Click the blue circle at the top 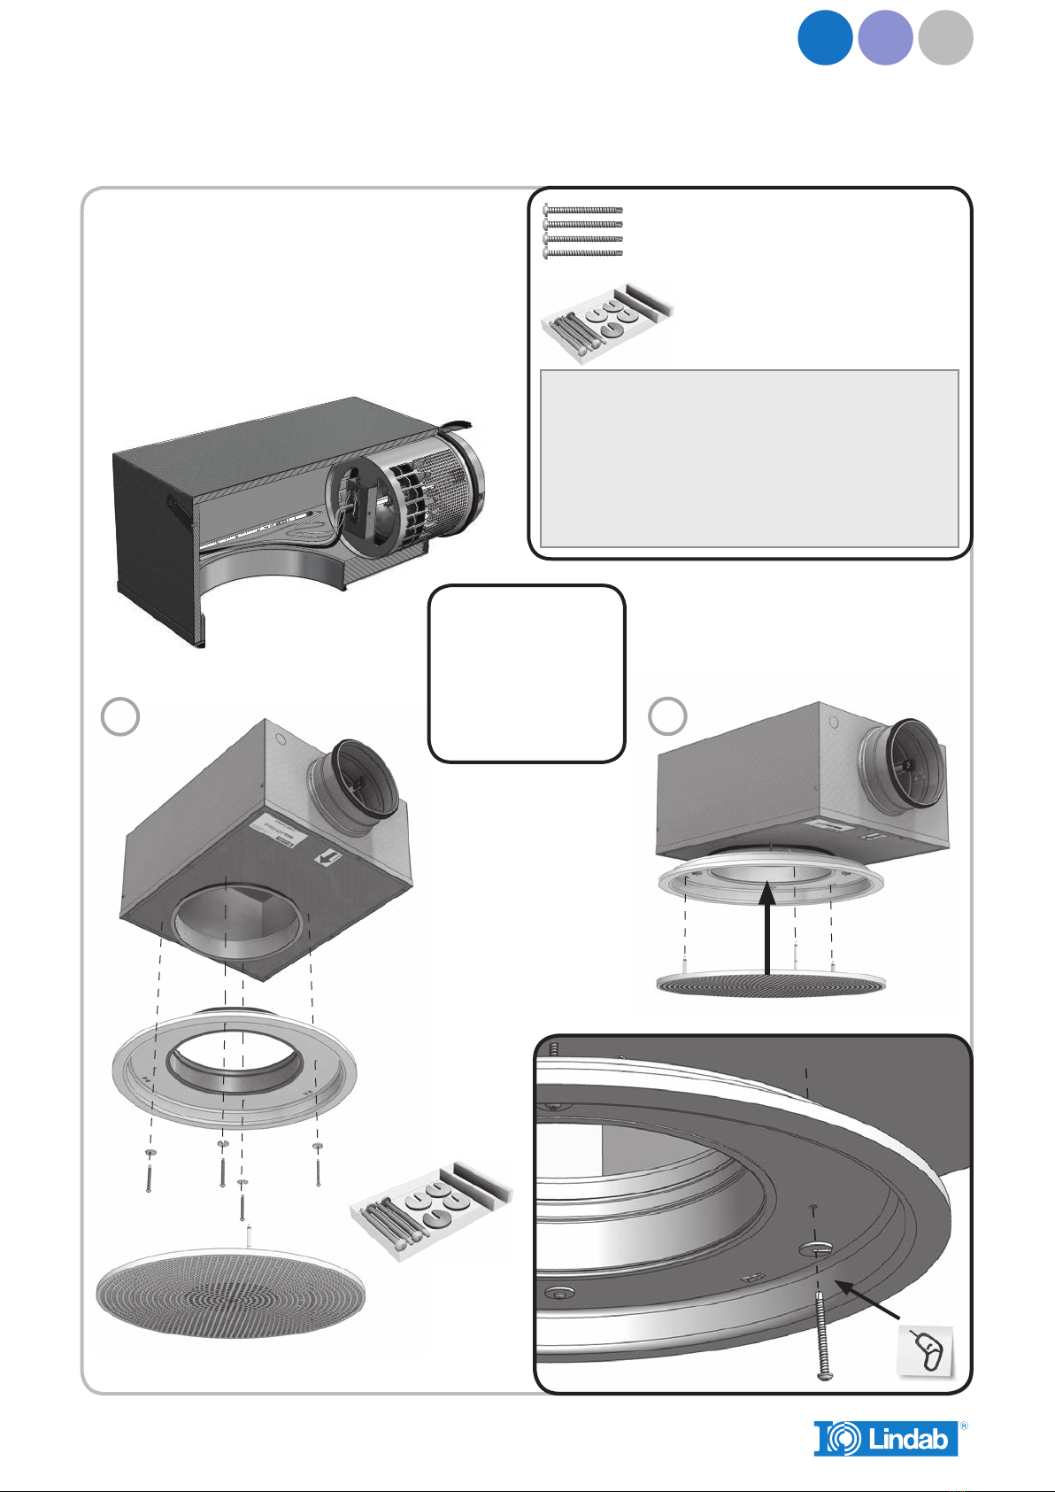(825, 37)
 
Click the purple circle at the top (885, 37)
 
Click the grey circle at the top (945, 37)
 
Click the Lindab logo (886, 1438)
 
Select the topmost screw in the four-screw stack (583, 210)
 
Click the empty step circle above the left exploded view (121, 716)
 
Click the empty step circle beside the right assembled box (667, 715)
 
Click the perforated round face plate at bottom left (230, 1293)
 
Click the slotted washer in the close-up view (815, 1248)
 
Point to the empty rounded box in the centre (527, 673)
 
